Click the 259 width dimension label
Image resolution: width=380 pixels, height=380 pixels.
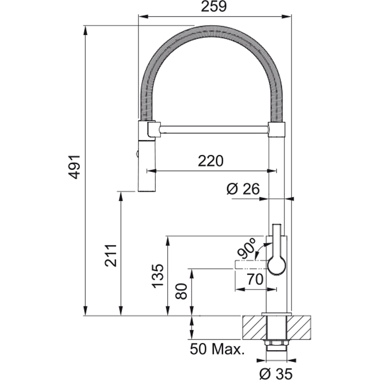pos(214,7)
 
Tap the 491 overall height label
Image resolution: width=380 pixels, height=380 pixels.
pos(74,167)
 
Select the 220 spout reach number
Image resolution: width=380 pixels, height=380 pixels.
pos(210,161)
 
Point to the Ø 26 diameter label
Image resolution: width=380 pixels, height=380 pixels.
pos(243,189)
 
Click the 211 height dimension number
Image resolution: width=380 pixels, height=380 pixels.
pos(111,256)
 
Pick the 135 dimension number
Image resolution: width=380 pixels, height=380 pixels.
pos(158,276)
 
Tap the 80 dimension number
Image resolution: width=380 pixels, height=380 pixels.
pos(181,291)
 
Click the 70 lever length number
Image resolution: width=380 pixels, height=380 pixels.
pos(255,279)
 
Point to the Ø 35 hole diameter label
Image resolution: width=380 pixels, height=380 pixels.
pos(276,374)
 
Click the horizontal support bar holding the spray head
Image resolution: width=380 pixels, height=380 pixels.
pos(215,129)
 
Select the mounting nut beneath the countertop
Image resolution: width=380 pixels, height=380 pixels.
pos(276,343)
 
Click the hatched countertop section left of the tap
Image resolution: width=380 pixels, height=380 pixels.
pos(255,327)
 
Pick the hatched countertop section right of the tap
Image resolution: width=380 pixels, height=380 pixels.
pos(299,327)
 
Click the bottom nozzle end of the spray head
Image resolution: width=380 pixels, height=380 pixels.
pos(146,190)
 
